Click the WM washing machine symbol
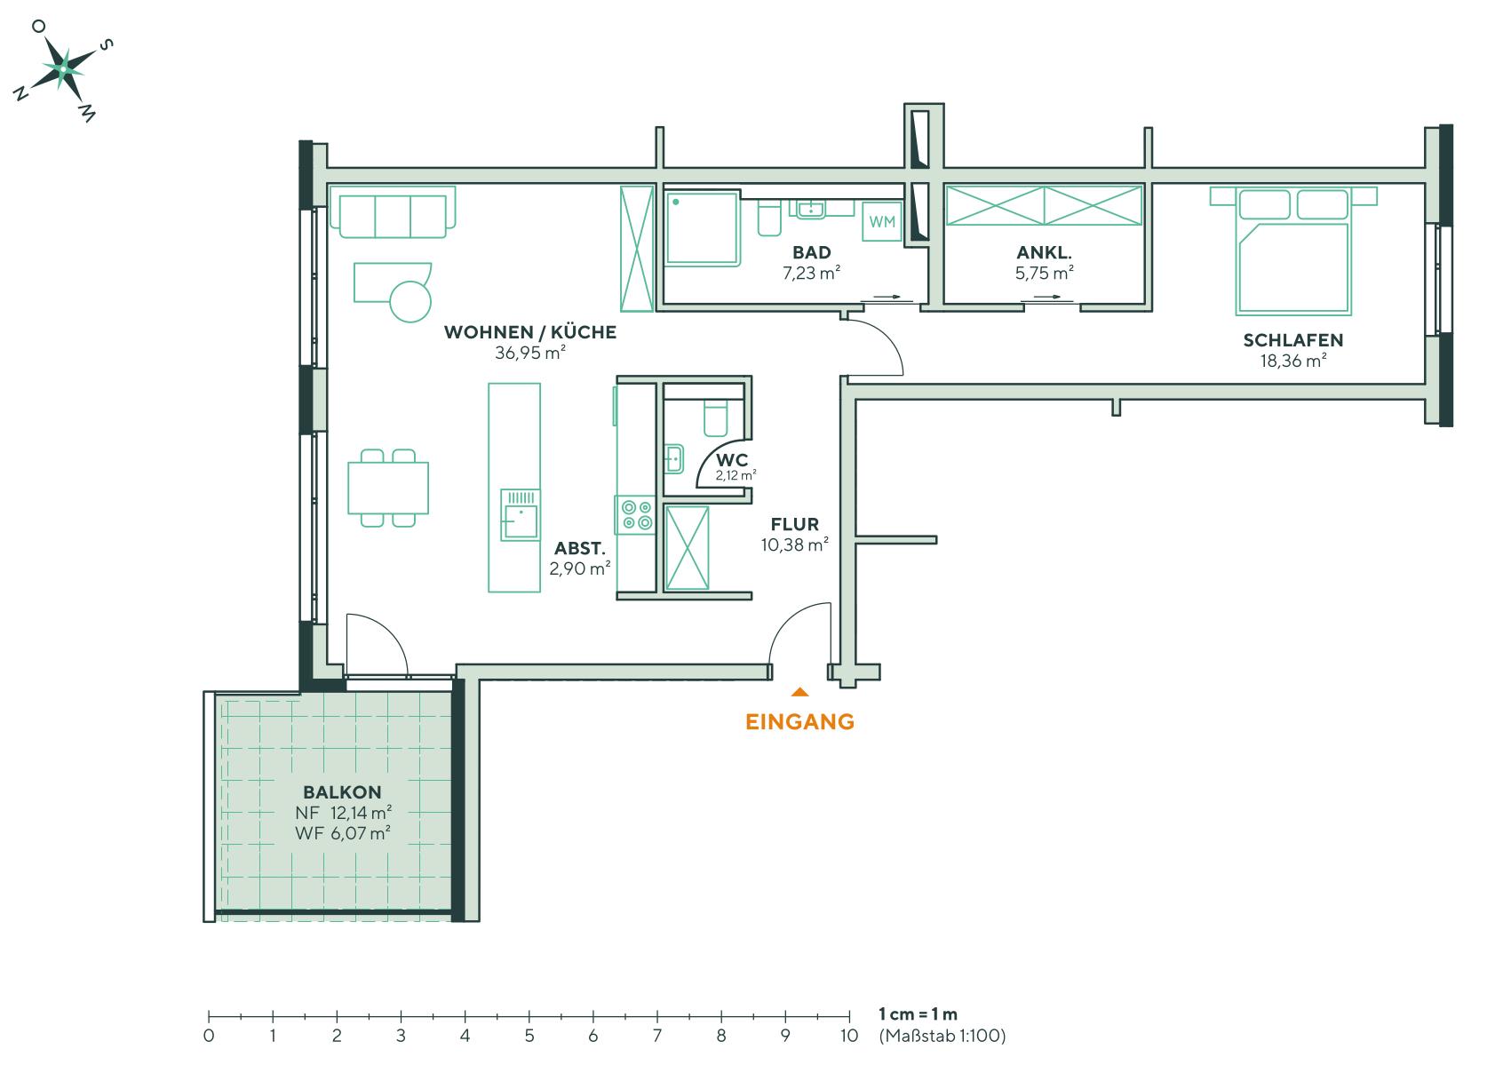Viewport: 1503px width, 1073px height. coord(882,222)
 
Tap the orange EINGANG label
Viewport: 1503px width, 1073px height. coord(799,721)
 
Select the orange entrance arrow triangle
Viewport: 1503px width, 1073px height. coord(799,691)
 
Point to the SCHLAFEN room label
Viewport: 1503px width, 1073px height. coord(1292,340)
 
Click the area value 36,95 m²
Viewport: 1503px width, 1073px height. coord(530,353)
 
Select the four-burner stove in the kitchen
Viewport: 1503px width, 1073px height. coord(636,515)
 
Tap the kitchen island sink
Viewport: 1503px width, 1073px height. coord(520,514)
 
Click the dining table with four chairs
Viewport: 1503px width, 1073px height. coord(388,488)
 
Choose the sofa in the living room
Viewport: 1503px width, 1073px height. coord(392,213)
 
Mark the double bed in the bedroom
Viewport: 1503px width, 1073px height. coord(1292,256)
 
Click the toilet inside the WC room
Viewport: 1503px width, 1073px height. coord(715,417)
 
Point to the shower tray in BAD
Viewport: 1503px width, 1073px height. coord(702,229)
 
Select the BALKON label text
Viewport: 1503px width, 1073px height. coord(342,792)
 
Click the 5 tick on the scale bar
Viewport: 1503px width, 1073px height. coord(529,1016)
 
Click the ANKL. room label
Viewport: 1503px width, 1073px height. coord(1044,253)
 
